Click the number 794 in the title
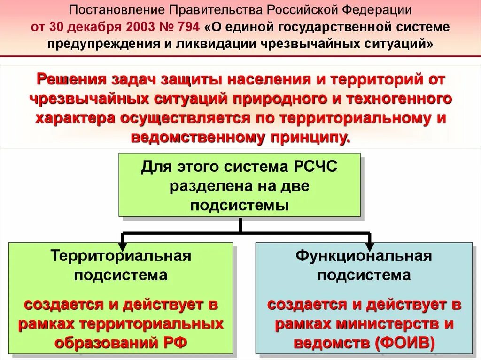187,27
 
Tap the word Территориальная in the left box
121,256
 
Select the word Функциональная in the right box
364,256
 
